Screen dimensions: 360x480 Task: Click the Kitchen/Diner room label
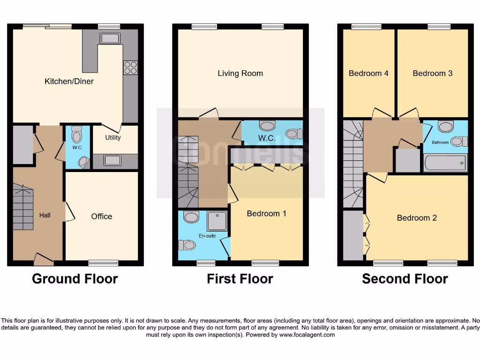click(x=69, y=81)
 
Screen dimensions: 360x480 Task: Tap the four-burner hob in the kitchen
click(x=130, y=67)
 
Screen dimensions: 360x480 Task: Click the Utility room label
click(x=113, y=137)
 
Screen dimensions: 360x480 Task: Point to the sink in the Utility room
click(x=112, y=160)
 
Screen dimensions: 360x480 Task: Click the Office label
click(x=102, y=216)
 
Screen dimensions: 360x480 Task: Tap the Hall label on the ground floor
click(x=45, y=215)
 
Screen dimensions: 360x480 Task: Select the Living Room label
click(x=240, y=73)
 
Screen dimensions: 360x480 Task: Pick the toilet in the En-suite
click(x=187, y=245)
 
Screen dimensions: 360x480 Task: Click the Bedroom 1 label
click(x=266, y=213)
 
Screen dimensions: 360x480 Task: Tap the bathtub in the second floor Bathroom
click(x=445, y=163)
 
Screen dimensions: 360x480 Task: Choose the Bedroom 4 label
click(x=368, y=73)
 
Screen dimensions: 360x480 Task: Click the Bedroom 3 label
click(x=432, y=73)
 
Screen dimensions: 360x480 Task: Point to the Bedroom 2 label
click(x=417, y=217)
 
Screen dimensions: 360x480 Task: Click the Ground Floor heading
click(x=75, y=279)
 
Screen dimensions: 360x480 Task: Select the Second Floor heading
click(x=405, y=279)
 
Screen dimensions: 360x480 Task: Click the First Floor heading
click(x=240, y=279)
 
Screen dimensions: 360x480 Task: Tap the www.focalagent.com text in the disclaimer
click(x=305, y=335)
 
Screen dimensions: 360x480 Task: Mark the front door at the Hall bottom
click(x=44, y=258)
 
